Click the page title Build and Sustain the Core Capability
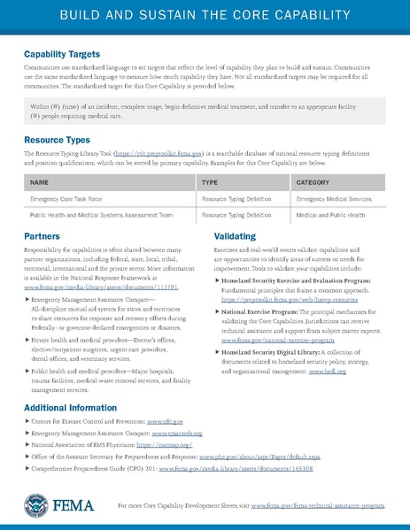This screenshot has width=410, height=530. pos(205,17)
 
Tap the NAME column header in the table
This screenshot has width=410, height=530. pos(39,181)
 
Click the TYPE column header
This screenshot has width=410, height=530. pos(210,181)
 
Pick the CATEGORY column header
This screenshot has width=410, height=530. pos(315,181)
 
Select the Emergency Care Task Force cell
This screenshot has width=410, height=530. pos(66,199)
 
